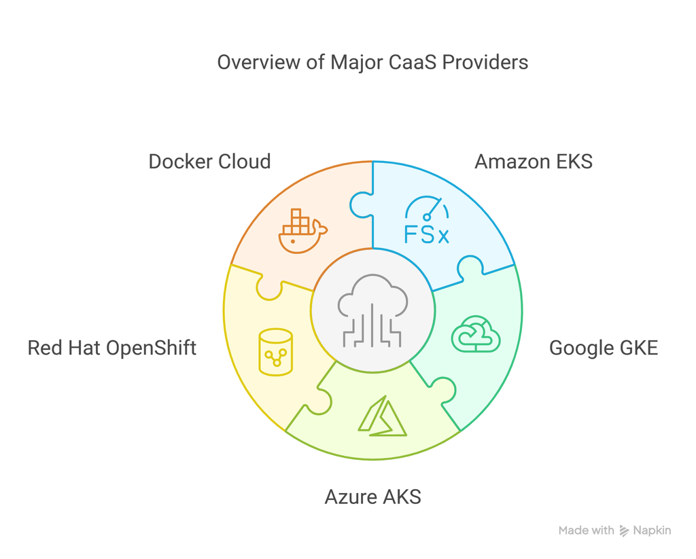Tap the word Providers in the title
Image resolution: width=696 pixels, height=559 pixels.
coord(485,62)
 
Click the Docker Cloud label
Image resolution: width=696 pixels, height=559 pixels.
coord(209,162)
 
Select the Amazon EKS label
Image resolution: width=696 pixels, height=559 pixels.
coord(534,162)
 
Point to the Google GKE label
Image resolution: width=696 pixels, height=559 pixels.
coord(603,348)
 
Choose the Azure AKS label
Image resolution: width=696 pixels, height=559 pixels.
coord(372,497)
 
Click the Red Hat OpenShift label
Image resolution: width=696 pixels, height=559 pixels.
coord(112,348)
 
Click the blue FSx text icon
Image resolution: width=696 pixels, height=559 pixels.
coord(426,235)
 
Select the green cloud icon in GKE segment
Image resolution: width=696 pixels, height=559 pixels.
coord(476,333)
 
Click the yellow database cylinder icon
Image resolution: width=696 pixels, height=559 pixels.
coord(275,352)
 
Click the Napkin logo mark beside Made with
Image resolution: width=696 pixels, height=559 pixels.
coord(624,531)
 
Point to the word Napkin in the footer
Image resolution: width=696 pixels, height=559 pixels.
coord(652,530)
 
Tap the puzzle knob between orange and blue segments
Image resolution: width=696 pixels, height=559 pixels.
coord(360,204)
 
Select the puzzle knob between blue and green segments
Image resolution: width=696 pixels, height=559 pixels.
coord(469,268)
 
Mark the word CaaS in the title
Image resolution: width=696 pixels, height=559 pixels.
coord(413,62)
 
